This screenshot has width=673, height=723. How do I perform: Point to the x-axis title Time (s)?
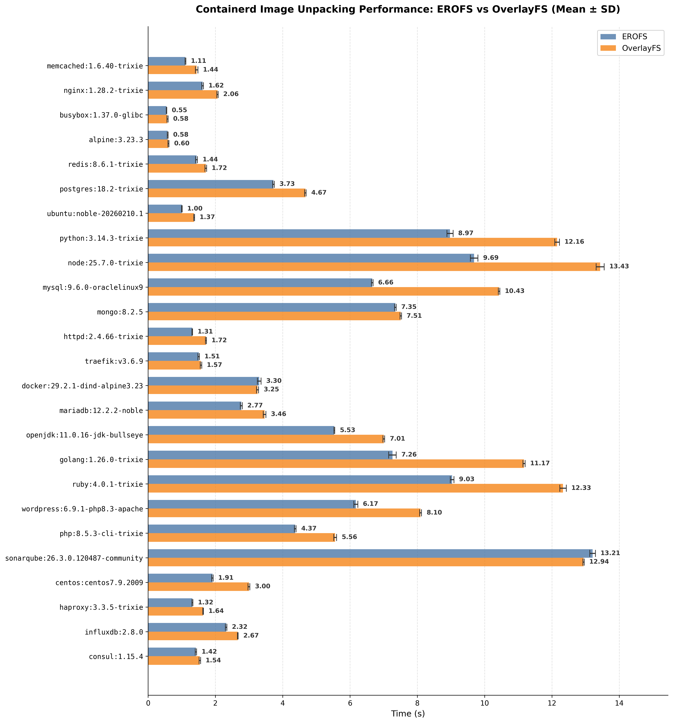(407, 714)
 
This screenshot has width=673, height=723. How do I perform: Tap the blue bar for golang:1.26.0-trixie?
(270, 455)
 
